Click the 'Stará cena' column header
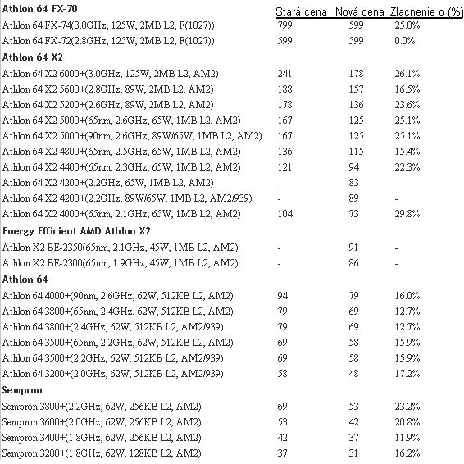[301, 11]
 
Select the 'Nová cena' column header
[360, 11]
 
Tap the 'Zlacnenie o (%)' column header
[426, 11]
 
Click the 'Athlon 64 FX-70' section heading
[39, 9]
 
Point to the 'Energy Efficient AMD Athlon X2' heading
[76, 231]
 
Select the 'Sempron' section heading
[22, 390]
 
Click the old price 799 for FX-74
[284, 25]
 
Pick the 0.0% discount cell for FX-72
[404, 41]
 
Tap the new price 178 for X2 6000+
[356, 74]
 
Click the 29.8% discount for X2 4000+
[407, 214]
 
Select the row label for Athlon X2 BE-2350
[121, 248]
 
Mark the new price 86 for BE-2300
[353, 263]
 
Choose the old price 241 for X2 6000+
[284, 74]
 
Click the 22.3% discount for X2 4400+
[407, 167]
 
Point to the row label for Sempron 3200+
[102, 453]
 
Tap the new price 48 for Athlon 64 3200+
[353, 374]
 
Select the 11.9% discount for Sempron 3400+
[407, 438]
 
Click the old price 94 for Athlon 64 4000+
[283, 296]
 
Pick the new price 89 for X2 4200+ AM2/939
[353, 198]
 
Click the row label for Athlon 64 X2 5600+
[107, 89]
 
